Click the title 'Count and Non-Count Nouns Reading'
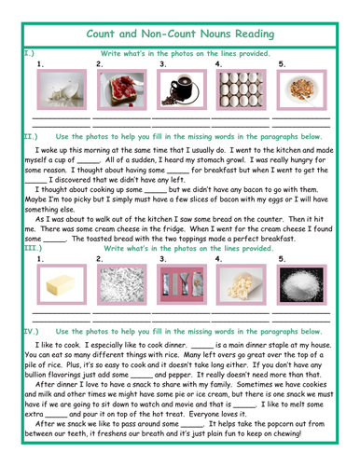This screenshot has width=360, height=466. click(x=179, y=34)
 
